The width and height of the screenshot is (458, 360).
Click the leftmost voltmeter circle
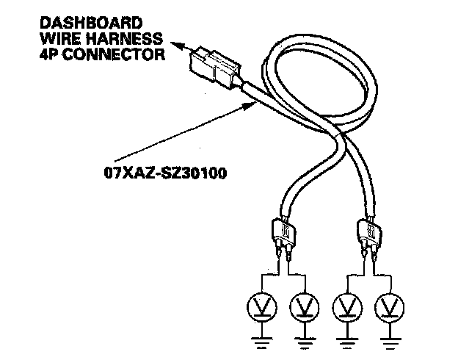pos(261,304)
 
